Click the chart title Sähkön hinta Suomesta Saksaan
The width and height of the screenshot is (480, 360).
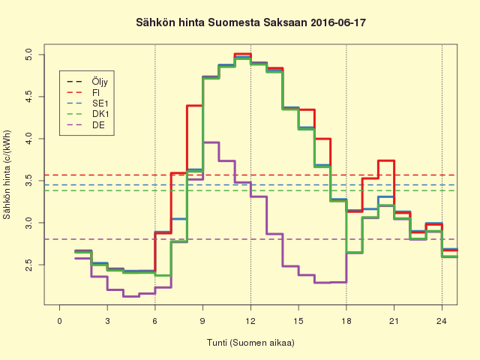tap(240, 23)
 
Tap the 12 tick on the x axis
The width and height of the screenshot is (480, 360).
tap(250, 320)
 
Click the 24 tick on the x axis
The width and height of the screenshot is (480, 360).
tap(442, 320)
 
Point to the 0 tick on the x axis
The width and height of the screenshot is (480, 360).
tap(60, 320)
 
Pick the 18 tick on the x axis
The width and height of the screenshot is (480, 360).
tap(346, 320)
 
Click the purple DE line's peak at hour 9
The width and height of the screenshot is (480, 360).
tap(211, 142)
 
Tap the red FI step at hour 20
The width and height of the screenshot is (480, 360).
tap(386, 160)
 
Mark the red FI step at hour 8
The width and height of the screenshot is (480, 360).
tap(194, 106)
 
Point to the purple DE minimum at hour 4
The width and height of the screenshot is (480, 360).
tap(131, 296)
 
